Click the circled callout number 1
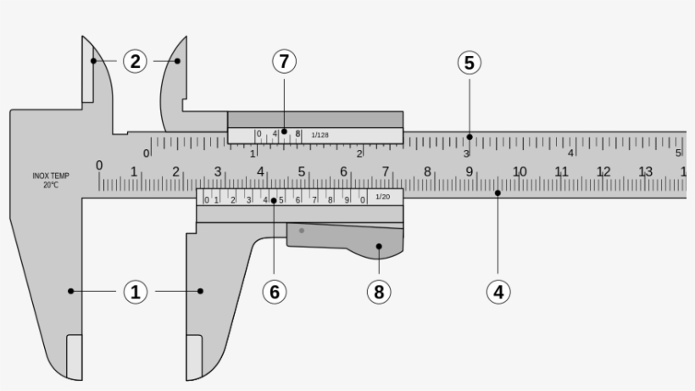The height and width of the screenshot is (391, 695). pyautogui.click(x=135, y=292)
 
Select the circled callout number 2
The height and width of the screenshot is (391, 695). pyautogui.click(x=135, y=61)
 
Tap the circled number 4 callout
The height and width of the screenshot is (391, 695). pyautogui.click(x=498, y=292)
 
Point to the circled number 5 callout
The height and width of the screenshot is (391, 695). pyautogui.click(x=469, y=62)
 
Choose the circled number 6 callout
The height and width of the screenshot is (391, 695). pyautogui.click(x=274, y=292)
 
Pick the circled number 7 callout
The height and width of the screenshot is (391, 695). pyautogui.click(x=285, y=62)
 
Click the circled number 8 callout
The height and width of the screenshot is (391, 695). pyautogui.click(x=379, y=292)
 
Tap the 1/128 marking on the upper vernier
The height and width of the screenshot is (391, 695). pyautogui.click(x=320, y=135)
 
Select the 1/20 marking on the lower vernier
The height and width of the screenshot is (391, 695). pyautogui.click(x=382, y=197)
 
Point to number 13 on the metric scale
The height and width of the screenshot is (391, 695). pyautogui.click(x=646, y=172)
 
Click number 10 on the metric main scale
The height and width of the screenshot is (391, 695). pyautogui.click(x=519, y=172)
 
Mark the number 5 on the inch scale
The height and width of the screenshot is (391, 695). pyautogui.click(x=678, y=154)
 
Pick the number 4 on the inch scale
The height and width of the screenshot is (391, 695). pyautogui.click(x=571, y=154)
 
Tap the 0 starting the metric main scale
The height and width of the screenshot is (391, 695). pyautogui.click(x=99, y=165)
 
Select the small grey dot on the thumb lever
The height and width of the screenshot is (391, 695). pyautogui.click(x=302, y=231)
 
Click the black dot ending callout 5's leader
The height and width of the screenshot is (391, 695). pyautogui.click(x=469, y=137)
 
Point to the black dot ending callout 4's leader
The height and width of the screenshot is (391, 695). pyautogui.click(x=498, y=193)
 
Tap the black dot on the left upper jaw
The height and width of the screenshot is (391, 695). pyautogui.click(x=93, y=61)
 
